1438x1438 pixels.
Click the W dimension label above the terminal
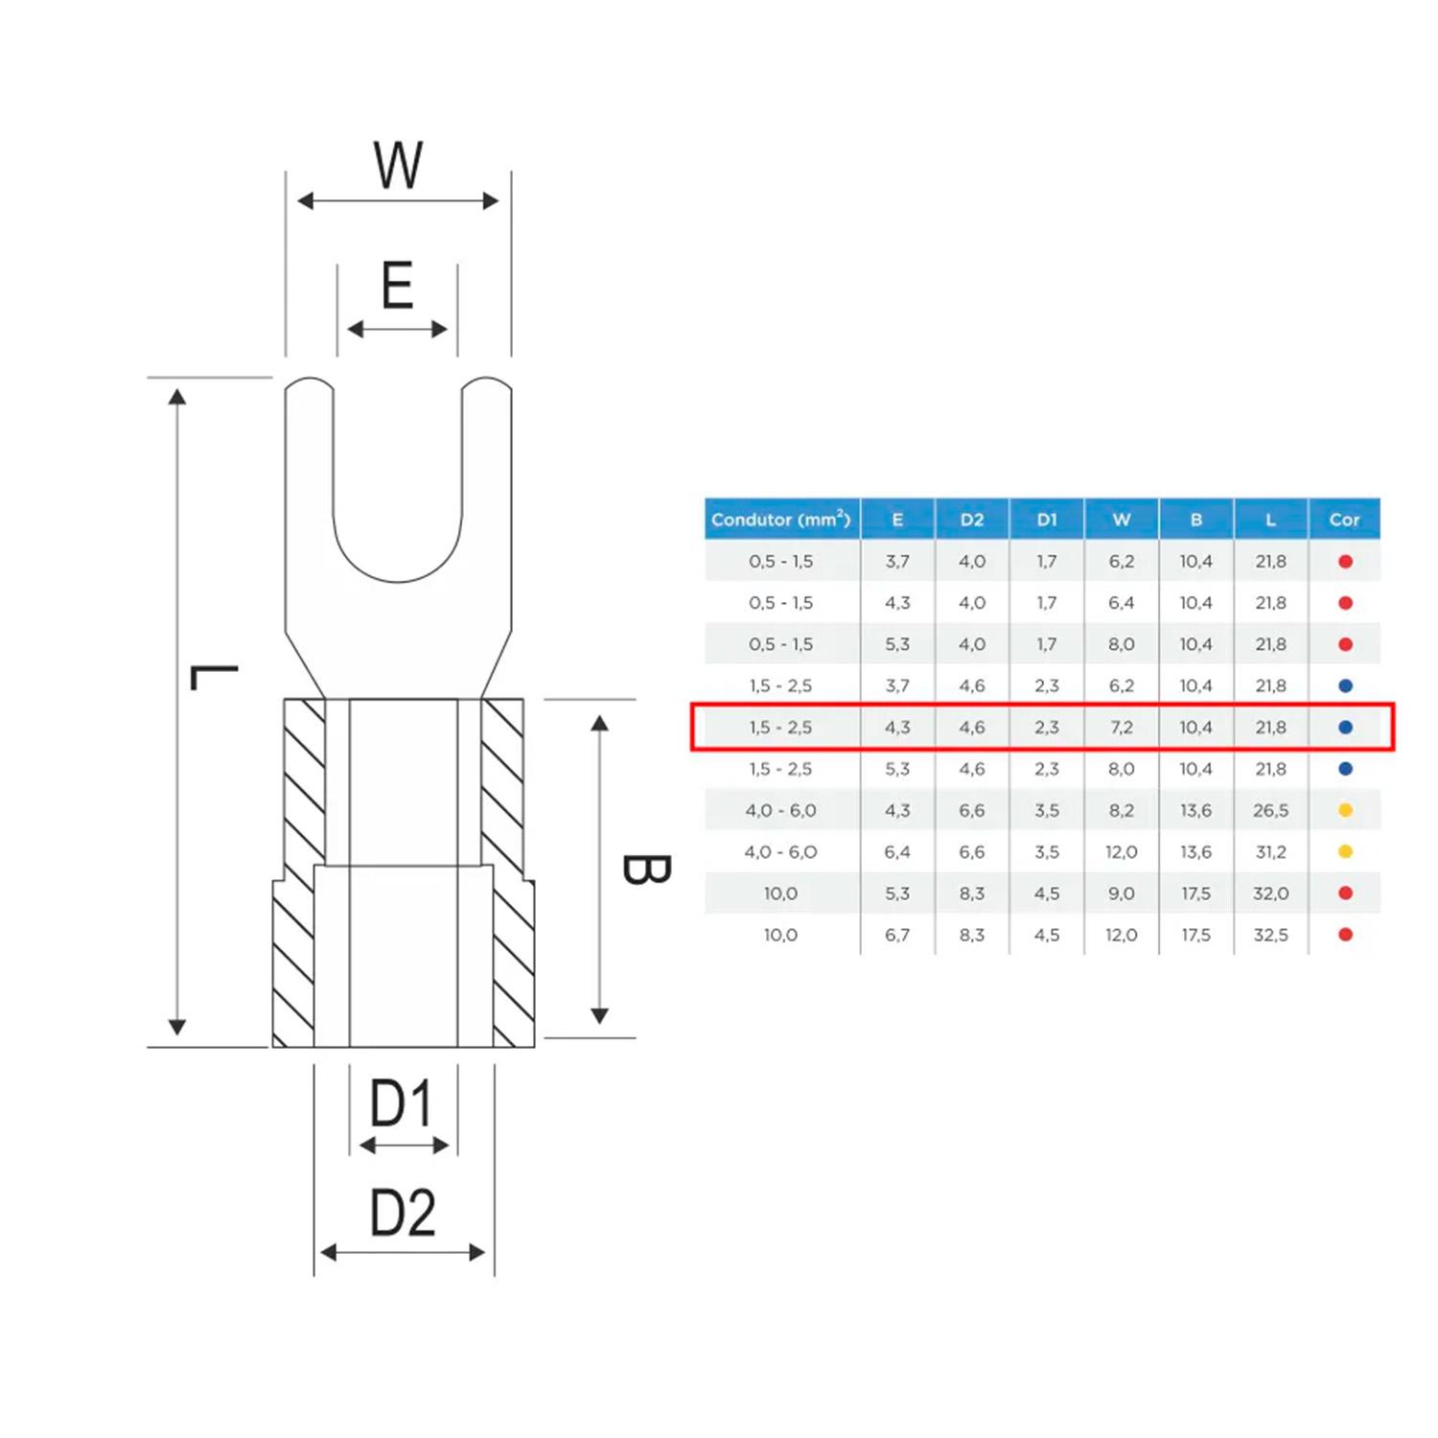click(x=398, y=165)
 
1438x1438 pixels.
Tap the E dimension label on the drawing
click(x=397, y=286)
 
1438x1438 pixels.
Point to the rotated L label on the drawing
click(x=213, y=677)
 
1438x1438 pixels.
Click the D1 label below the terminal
click(x=402, y=1103)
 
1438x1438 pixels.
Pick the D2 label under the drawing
click(x=403, y=1213)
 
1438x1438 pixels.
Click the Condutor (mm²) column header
click(x=780, y=520)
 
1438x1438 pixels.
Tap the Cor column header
click(x=1344, y=520)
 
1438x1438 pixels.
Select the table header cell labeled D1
click(x=1046, y=520)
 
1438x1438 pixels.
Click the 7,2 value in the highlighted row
click(x=1121, y=728)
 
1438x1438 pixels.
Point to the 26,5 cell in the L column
click(x=1270, y=810)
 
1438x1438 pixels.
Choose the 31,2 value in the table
click(x=1270, y=851)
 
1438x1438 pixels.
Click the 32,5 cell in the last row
click(x=1270, y=935)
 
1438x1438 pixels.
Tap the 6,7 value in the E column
click(x=897, y=935)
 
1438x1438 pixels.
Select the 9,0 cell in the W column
click(x=1121, y=893)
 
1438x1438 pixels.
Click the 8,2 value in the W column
click(x=1121, y=810)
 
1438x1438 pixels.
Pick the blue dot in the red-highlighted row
click(x=1345, y=728)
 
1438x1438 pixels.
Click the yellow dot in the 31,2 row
click(x=1345, y=851)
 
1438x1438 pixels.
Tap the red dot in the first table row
click(x=1345, y=562)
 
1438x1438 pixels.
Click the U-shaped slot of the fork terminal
click(x=397, y=499)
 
